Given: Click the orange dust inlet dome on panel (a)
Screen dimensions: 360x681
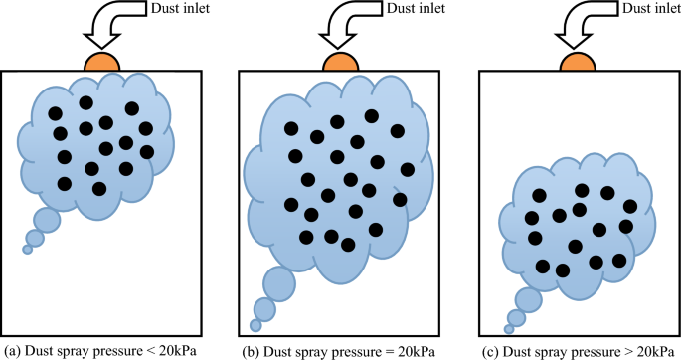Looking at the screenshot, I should coord(103,62).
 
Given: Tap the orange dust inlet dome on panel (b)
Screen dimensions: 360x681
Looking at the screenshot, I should coord(340,62).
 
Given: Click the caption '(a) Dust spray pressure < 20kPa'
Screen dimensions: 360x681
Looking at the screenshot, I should coord(100,351).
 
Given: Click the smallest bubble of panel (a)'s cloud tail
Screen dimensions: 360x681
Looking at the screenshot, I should coord(28,249).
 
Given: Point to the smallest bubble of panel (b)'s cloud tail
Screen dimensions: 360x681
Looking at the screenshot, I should coord(255,325).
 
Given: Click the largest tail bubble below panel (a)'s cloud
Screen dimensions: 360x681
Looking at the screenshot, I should coord(46,219).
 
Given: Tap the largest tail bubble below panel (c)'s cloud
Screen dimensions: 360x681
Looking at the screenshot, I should coord(528,299).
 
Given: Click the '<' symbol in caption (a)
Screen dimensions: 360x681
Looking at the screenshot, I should coord(146,351).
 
